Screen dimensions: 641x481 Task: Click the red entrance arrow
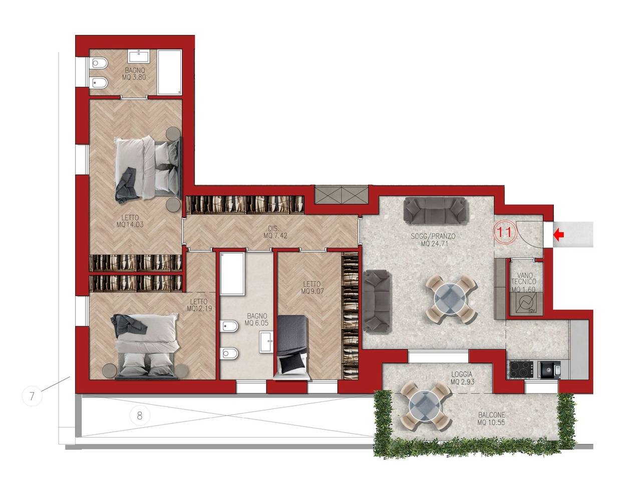tap(559, 235)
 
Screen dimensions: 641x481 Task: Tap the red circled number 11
tap(505, 232)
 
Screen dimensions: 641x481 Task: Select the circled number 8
tap(140, 415)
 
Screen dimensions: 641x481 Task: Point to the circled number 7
tap(32, 396)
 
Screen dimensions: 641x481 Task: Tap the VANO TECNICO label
tap(524, 278)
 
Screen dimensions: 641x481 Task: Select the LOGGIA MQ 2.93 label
tap(462, 378)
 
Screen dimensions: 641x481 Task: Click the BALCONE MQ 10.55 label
tap(491, 419)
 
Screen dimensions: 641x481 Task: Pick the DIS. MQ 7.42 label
tap(275, 232)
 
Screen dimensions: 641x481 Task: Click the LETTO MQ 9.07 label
tap(312, 288)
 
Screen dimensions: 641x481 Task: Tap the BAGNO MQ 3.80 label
tap(134, 74)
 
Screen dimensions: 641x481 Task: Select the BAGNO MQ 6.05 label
tap(256, 320)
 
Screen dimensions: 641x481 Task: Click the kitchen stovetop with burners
tap(521, 370)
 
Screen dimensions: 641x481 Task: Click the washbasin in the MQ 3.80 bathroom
tap(139, 56)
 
